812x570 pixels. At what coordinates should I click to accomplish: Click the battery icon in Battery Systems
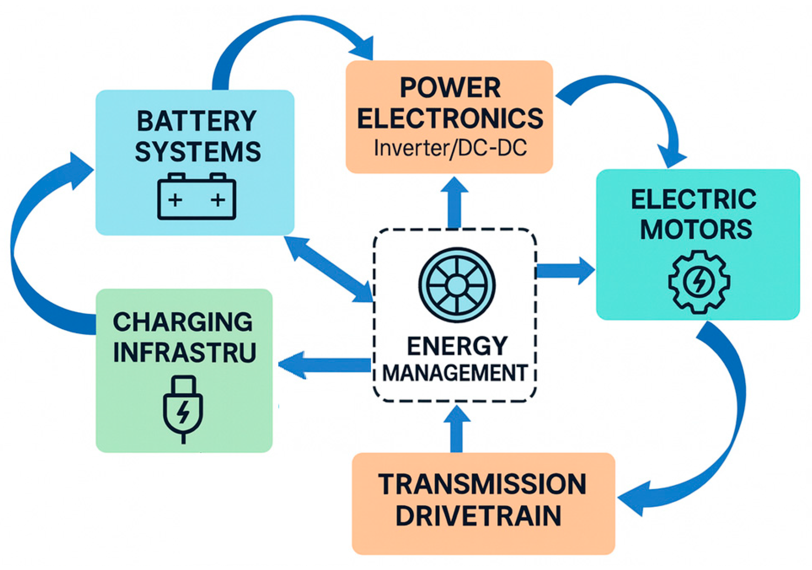pyautogui.click(x=196, y=197)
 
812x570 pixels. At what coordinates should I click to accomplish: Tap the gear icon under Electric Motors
pyautogui.click(x=699, y=281)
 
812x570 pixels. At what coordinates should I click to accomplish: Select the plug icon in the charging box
pyautogui.click(x=183, y=408)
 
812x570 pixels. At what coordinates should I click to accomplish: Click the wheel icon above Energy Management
pyautogui.click(x=457, y=285)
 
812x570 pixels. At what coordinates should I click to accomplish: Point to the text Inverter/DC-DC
pyautogui.click(x=450, y=148)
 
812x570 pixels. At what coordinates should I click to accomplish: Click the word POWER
pyautogui.click(x=450, y=88)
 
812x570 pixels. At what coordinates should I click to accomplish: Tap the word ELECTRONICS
pyautogui.click(x=450, y=118)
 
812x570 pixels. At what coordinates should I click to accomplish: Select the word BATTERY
pyautogui.click(x=196, y=121)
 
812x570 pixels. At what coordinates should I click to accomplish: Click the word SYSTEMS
pyautogui.click(x=198, y=152)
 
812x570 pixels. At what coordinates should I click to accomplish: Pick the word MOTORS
pyautogui.click(x=696, y=229)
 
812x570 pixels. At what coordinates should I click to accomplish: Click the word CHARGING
pyautogui.click(x=183, y=322)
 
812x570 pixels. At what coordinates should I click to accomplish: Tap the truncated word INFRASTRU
pyautogui.click(x=185, y=352)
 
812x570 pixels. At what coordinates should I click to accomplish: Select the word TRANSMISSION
pyautogui.click(x=482, y=484)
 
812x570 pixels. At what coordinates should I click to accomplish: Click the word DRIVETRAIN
pyautogui.click(x=478, y=516)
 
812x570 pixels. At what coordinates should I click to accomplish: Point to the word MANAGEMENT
pyautogui.click(x=455, y=373)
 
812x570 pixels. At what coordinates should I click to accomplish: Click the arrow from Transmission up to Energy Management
pyautogui.click(x=457, y=430)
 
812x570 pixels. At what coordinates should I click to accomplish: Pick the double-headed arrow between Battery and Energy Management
pyautogui.click(x=328, y=269)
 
